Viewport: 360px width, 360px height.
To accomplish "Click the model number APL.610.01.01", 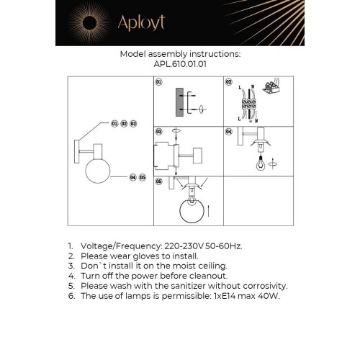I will tap(180, 63).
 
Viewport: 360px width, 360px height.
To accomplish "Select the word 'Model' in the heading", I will tap(134, 54).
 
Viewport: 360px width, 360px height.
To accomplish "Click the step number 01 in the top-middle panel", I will tap(158, 83).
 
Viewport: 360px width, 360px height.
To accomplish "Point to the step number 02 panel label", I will tap(228, 83).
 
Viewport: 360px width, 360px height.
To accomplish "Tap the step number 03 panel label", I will tap(158, 132).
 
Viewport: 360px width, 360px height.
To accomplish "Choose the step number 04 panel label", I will tap(228, 132).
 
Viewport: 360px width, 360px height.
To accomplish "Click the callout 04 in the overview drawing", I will tap(133, 176).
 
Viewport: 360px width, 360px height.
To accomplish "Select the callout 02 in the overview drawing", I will tap(124, 124).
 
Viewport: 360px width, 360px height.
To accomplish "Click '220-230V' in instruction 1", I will tap(179, 246).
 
